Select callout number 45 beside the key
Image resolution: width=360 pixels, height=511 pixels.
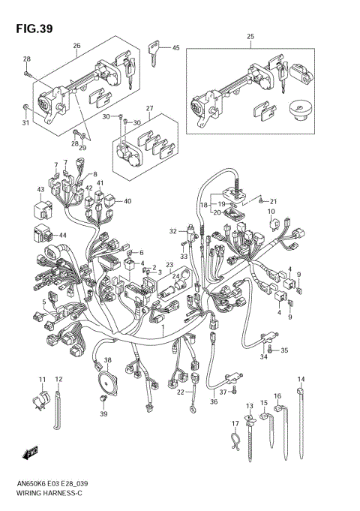click(x=176, y=48)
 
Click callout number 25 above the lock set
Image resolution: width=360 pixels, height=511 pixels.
click(x=250, y=37)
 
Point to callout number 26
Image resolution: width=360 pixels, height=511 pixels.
click(x=76, y=46)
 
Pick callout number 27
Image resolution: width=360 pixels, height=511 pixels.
click(x=150, y=108)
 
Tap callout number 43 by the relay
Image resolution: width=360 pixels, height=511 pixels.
click(x=40, y=189)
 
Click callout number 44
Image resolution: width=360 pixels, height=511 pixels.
click(x=62, y=236)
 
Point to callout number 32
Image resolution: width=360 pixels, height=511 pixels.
click(x=172, y=230)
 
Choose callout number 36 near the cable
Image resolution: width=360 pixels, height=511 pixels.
click(x=214, y=401)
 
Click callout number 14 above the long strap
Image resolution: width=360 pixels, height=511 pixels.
click(x=301, y=378)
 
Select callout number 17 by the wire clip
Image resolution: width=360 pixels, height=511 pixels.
click(x=234, y=425)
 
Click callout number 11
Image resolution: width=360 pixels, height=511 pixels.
click(x=42, y=378)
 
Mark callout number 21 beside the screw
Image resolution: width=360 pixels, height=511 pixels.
click(x=274, y=202)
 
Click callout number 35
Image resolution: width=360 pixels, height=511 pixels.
click(x=283, y=350)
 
